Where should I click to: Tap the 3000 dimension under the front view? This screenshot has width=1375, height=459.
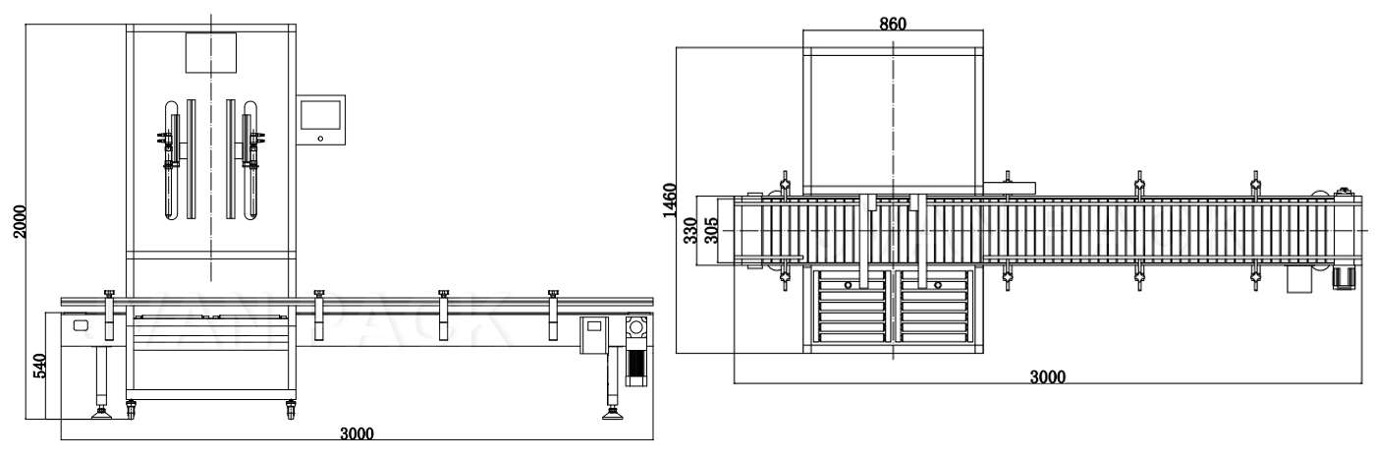tap(356, 433)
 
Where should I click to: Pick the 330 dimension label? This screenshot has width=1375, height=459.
tap(690, 232)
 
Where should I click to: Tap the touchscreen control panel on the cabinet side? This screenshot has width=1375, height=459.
tap(321, 119)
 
